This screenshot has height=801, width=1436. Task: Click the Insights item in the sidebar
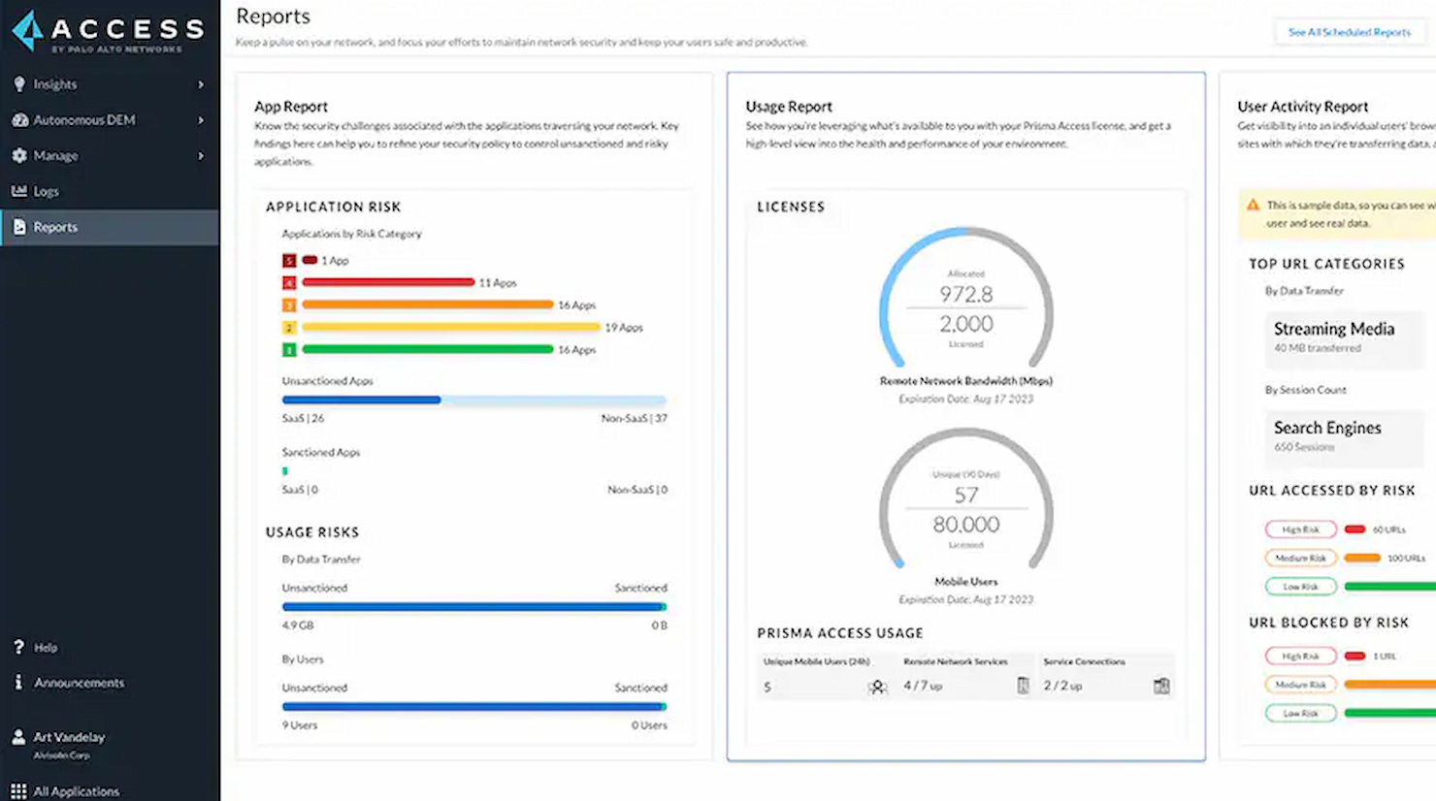click(x=55, y=84)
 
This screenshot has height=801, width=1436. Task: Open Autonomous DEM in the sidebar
click(x=83, y=120)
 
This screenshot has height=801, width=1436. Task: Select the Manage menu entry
click(x=55, y=156)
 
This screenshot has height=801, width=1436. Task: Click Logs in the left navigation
click(x=46, y=192)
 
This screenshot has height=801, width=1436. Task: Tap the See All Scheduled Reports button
click(x=1349, y=32)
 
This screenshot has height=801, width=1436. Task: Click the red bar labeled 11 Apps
click(x=388, y=282)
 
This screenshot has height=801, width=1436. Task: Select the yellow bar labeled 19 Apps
click(x=450, y=327)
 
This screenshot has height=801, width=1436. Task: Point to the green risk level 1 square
click(x=289, y=349)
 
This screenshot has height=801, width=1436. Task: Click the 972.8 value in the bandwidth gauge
click(x=965, y=294)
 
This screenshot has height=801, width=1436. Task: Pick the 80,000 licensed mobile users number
click(x=965, y=525)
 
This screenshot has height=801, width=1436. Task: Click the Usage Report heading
click(x=789, y=107)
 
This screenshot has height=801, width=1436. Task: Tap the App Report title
click(x=291, y=107)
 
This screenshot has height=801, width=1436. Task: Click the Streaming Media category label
click(x=1333, y=330)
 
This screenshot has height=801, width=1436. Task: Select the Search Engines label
click(x=1326, y=428)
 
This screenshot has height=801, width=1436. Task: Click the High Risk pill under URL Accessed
click(x=1300, y=529)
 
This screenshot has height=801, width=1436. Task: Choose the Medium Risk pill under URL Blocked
click(x=1300, y=685)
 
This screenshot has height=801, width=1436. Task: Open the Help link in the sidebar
click(x=46, y=648)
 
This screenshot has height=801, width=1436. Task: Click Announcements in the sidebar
click(x=79, y=683)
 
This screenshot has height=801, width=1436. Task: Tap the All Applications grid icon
click(x=18, y=791)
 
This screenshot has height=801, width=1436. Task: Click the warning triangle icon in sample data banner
click(x=1253, y=206)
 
